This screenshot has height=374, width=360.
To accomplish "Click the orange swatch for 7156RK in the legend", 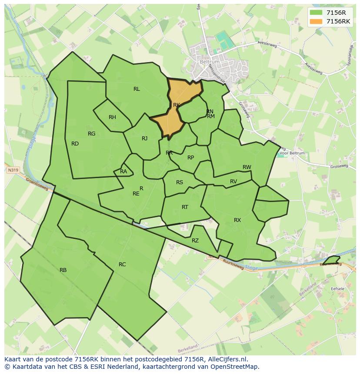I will (x=316, y=21).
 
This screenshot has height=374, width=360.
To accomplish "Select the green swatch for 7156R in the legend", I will (x=316, y=13).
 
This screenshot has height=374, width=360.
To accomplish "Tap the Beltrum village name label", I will (x=210, y=62).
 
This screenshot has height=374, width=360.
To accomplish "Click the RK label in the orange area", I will (x=176, y=105).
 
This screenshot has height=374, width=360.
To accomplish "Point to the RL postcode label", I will (x=137, y=89).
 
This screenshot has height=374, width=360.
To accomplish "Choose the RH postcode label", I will (x=112, y=117).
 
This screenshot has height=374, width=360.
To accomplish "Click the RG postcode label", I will (x=91, y=134).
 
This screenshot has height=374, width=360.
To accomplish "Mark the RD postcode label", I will (x=75, y=144).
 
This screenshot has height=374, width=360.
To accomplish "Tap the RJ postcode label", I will (x=144, y=139).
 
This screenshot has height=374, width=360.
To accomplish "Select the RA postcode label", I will (x=123, y=172).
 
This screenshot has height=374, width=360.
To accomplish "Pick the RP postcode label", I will (x=190, y=158).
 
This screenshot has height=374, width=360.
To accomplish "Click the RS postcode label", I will (x=180, y=182).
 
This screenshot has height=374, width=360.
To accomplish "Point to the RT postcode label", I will (x=185, y=207).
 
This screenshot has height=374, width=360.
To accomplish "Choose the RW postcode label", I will (x=247, y=167).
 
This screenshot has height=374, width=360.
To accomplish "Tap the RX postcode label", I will (x=237, y=220).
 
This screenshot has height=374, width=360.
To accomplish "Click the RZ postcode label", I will (x=195, y=241).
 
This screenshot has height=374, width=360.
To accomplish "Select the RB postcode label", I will (x=63, y=270).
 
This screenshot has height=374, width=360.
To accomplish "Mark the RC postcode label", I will (x=122, y=265).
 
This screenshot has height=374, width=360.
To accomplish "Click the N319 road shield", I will (x=13, y=171).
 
